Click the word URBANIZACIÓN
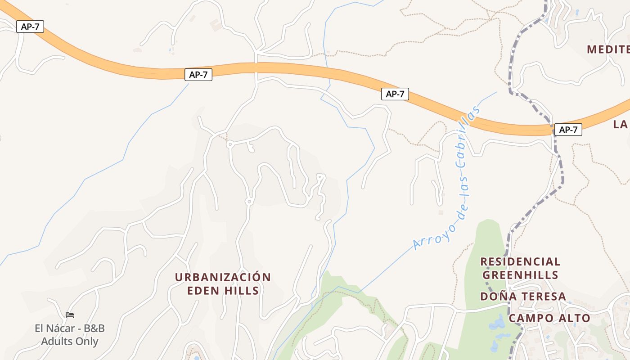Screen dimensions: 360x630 click(223, 277)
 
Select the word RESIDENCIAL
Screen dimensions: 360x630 click(520, 262)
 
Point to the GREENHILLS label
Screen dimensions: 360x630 click(520, 275)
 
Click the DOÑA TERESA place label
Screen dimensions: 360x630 click(523, 297)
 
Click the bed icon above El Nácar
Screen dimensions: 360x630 click(70, 315)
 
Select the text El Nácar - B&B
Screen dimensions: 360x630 click(70, 328)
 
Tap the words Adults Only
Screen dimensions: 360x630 click(70, 342)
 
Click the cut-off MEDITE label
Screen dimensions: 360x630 click(607, 49)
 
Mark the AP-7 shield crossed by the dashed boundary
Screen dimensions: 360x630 click(568, 130)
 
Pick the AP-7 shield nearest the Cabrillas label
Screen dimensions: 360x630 click(395, 94)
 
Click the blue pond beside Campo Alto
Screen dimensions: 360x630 click(498, 323)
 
